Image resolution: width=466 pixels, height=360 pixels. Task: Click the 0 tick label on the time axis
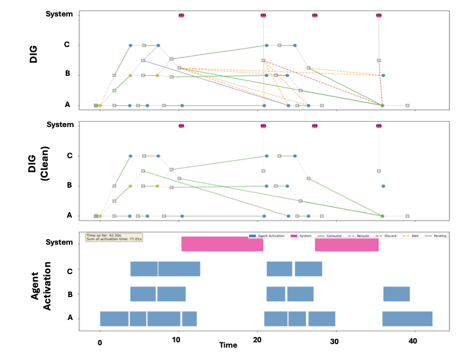tap(100, 342)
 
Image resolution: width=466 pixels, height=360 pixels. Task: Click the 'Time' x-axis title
tap(228, 345)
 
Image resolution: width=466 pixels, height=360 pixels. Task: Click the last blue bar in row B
tap(397, 294)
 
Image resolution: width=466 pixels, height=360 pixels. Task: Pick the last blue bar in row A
tap(407, 318)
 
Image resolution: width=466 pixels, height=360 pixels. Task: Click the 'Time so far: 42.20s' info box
tap(115, 237)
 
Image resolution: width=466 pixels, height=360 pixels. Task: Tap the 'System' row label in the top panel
tap(60, 14)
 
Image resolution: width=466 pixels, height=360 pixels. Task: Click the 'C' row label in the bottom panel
tap(70, 271)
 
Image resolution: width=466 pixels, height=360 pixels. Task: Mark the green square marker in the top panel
tap(96, 105)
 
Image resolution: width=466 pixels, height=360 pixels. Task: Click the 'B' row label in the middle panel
tap(69, 185)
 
